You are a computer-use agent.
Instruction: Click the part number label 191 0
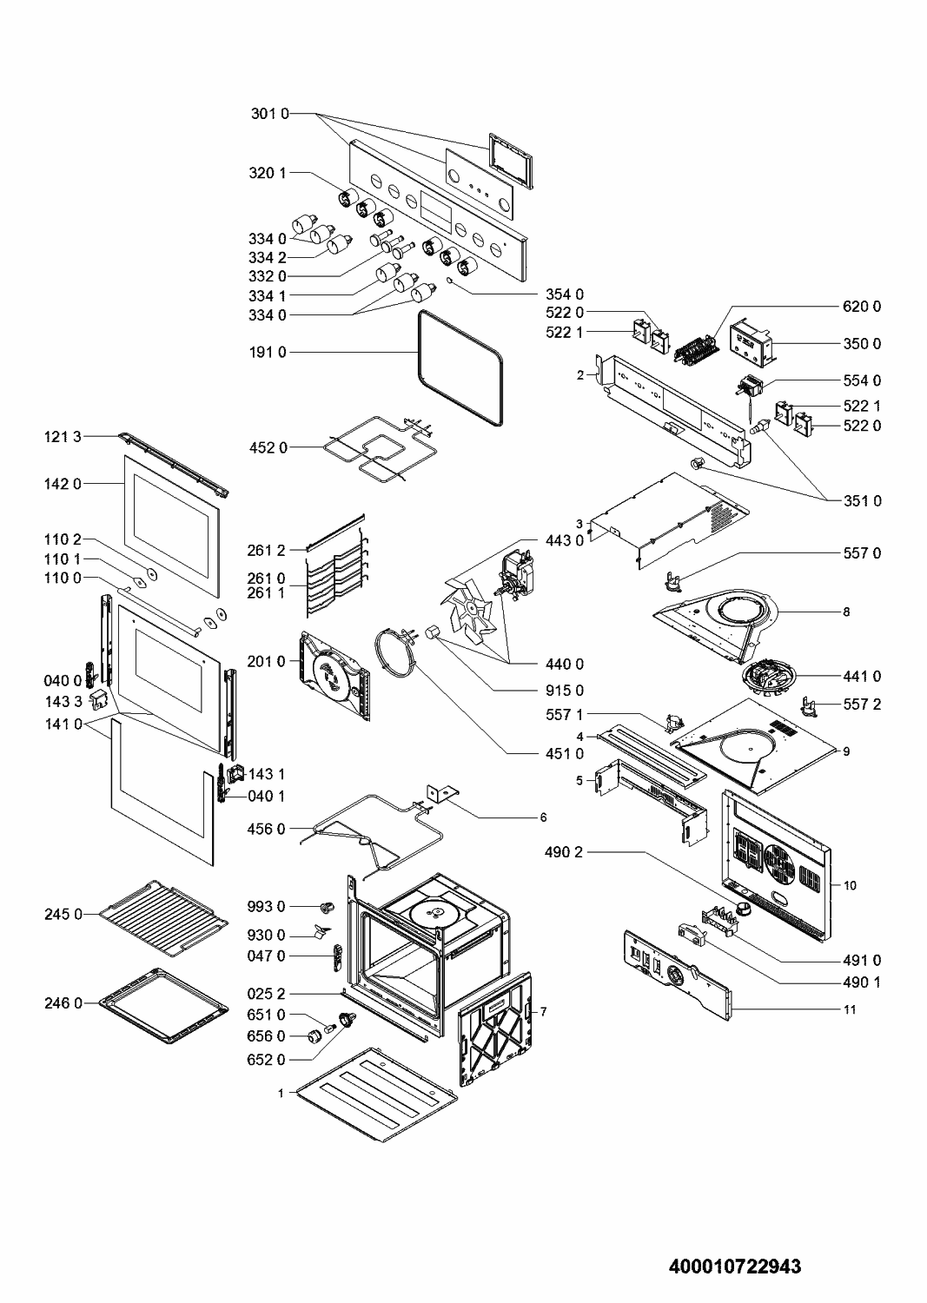tap(268, 353)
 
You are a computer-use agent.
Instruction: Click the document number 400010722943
tap(734, 1267)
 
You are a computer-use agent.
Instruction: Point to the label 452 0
tap(268, 448)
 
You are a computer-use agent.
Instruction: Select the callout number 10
tap(850, 885)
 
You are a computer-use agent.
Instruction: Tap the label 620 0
tap(862, 307)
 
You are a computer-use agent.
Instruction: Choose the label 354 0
tap(565, 294)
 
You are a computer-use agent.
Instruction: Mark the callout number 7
tap(543, 1012)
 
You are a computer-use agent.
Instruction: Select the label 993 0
tap(268, 907)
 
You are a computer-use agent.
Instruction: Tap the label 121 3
tap(63, 437)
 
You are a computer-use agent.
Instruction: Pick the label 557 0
tap(862, 553)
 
